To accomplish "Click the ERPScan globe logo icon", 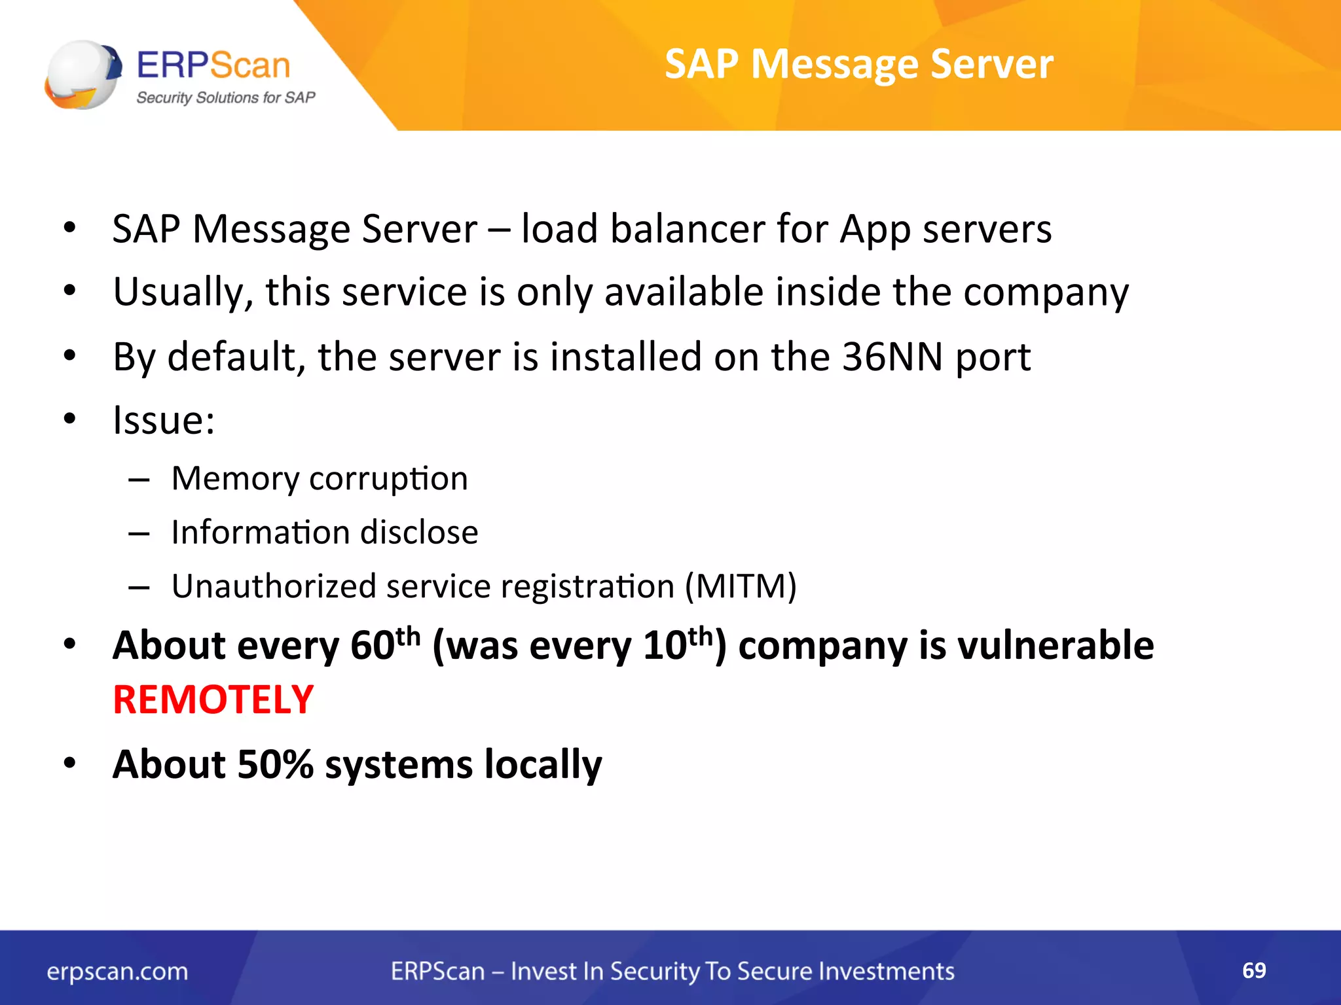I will tap(83, 75).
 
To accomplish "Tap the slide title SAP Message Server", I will tap(858, 64).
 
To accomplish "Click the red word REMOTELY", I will tap(213, 699).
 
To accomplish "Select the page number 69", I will tap(1254, 970).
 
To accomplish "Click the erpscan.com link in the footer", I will tap(117, 972).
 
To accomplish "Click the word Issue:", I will tap(164, 420).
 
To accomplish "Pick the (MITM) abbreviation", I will tap(741, 586).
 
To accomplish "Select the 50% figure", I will tap(275, 764).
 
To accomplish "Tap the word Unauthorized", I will tap(273, 586).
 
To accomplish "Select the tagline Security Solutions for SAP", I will tap(225, 97).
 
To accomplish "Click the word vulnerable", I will tap(1055, 645).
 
